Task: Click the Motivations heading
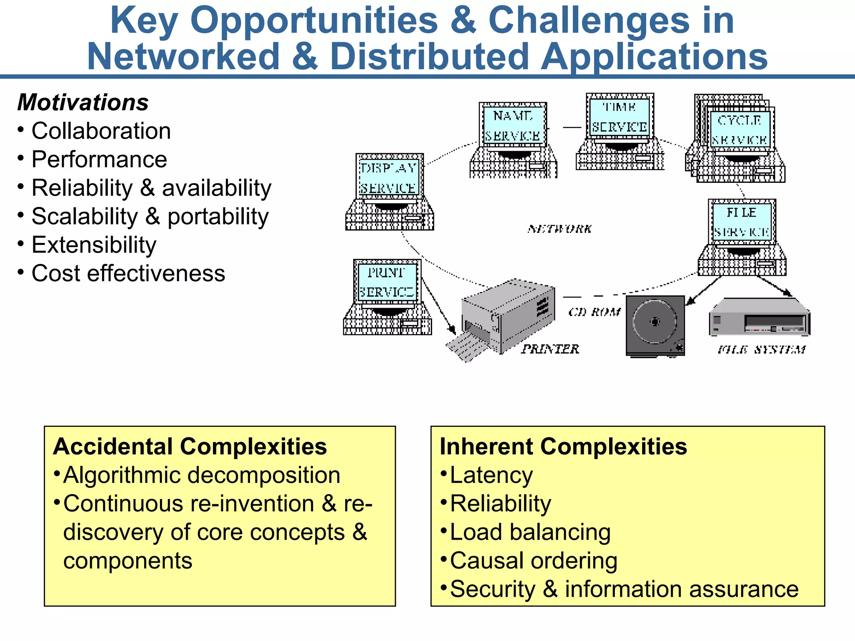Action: (x=83, y=102)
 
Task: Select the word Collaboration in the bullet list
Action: (x=101, y=131)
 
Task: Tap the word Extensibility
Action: (x=94, y=245)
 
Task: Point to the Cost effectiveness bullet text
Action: (x=128, y=273)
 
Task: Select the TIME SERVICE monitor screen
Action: (x=620, y=117)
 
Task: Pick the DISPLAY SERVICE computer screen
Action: (x=389, y=178)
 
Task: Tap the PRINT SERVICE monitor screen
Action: (x=387, y=282)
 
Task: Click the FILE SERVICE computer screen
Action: (x=741, y=222)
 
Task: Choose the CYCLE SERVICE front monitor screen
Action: (x=739, y=130)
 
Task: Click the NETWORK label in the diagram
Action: (x=559, y=229)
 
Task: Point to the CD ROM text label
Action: (x=594, y=312)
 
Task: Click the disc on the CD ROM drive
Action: (x=655, y=322)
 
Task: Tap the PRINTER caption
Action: (x=550, y=349)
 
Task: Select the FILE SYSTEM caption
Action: (x=761, y=350)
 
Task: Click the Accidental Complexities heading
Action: (x=190, y=447)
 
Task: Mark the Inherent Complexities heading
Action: (x=563, y=447)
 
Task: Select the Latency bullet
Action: (x=491, y=475)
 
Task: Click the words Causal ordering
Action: (x=534, y=560)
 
